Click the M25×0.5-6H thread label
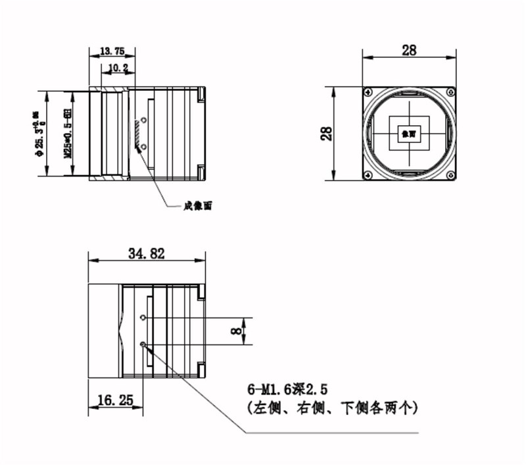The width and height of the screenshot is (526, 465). click(66, 135)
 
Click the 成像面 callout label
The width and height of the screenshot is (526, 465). click(198, 206)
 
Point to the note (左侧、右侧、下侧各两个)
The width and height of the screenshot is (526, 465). click(332, 408)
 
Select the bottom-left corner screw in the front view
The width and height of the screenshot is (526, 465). click(367, 175)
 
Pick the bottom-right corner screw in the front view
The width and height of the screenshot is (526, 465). click(450, 175)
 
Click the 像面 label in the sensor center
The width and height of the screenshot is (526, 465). click(408, 134)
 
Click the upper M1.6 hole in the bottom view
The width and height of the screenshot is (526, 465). click(143, 317)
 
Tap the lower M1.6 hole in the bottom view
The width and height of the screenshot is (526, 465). click(143, 343)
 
